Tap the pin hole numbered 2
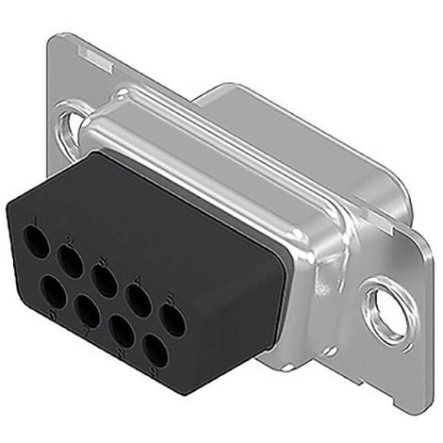point(70,257)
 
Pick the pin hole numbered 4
point(139,301)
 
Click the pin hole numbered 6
point(55,293)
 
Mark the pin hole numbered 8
point(123,332)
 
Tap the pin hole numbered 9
point(156,352)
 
